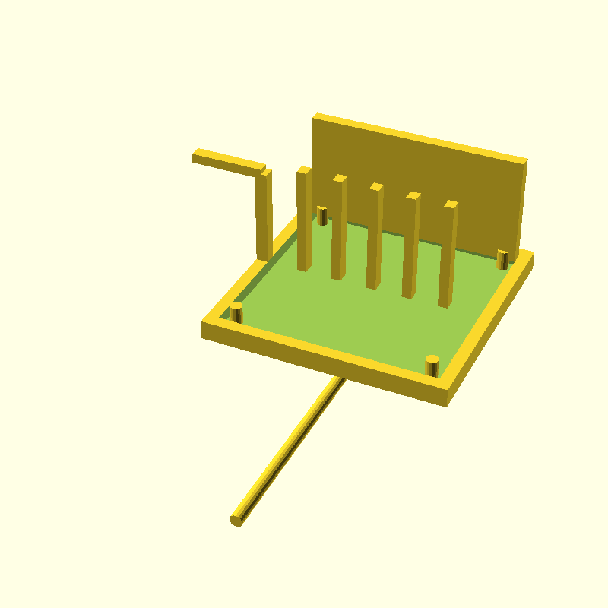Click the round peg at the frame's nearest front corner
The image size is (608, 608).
click(432, 366)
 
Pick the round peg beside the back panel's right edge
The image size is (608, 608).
click(502, 258)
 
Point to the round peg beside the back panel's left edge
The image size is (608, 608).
click(322, 216)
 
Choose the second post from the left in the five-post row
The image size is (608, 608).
click(339, 228)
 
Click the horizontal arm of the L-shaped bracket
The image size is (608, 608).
click(228, 160)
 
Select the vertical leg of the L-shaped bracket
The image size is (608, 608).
click(264, 217)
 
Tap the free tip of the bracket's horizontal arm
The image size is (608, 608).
click(196, 157)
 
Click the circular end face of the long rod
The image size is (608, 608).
click(236, 521)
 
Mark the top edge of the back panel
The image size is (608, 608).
click(418, 137)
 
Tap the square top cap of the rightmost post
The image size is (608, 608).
click(451, 204)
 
